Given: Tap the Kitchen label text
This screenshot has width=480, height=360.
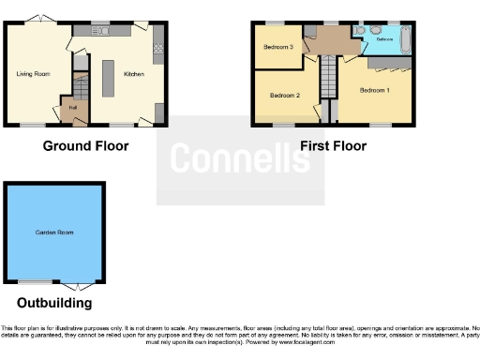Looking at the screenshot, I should click(x=134, y=73).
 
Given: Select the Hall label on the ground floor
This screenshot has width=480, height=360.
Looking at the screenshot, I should click(x=71, y=108).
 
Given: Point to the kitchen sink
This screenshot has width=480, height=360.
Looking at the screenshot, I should click(x=101, y=32).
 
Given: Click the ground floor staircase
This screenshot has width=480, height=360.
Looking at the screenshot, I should click(x=81, y=87).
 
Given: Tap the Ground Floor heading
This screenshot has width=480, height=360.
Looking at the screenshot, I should click(x=85, y=145).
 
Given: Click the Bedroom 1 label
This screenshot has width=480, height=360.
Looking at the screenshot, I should click(x=375, y=90).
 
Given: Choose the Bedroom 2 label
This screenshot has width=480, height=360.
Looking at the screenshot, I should click(x=284, y=96).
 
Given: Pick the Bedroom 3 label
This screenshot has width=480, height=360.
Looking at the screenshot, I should click(x=277, y=47).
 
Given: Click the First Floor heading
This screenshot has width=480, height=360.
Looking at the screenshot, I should click(x=333, y=145).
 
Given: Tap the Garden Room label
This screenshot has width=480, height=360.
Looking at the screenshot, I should click(x=53, y=232).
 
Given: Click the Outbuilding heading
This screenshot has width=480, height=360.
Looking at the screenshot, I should click(x=54, y=303).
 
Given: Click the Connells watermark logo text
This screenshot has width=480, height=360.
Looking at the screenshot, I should click(x=240, y=160).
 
